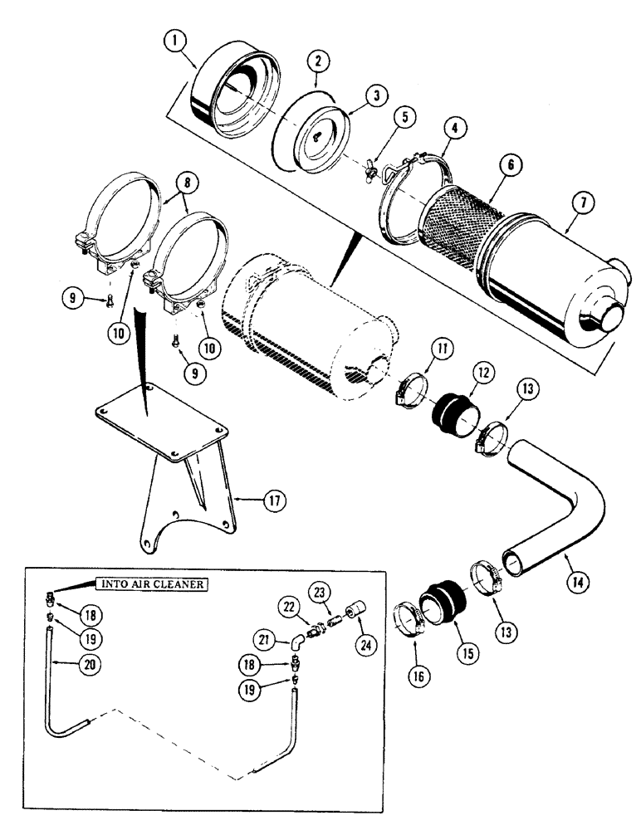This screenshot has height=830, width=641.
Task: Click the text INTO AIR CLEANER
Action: (154, 583)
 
